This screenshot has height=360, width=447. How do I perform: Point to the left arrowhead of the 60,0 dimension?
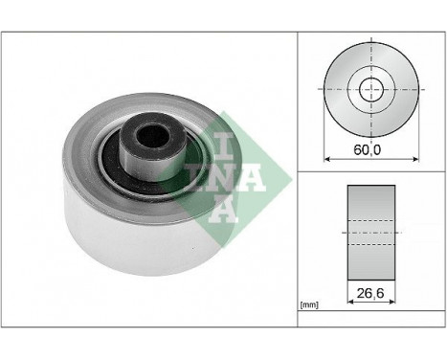(x=327, y=157)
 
